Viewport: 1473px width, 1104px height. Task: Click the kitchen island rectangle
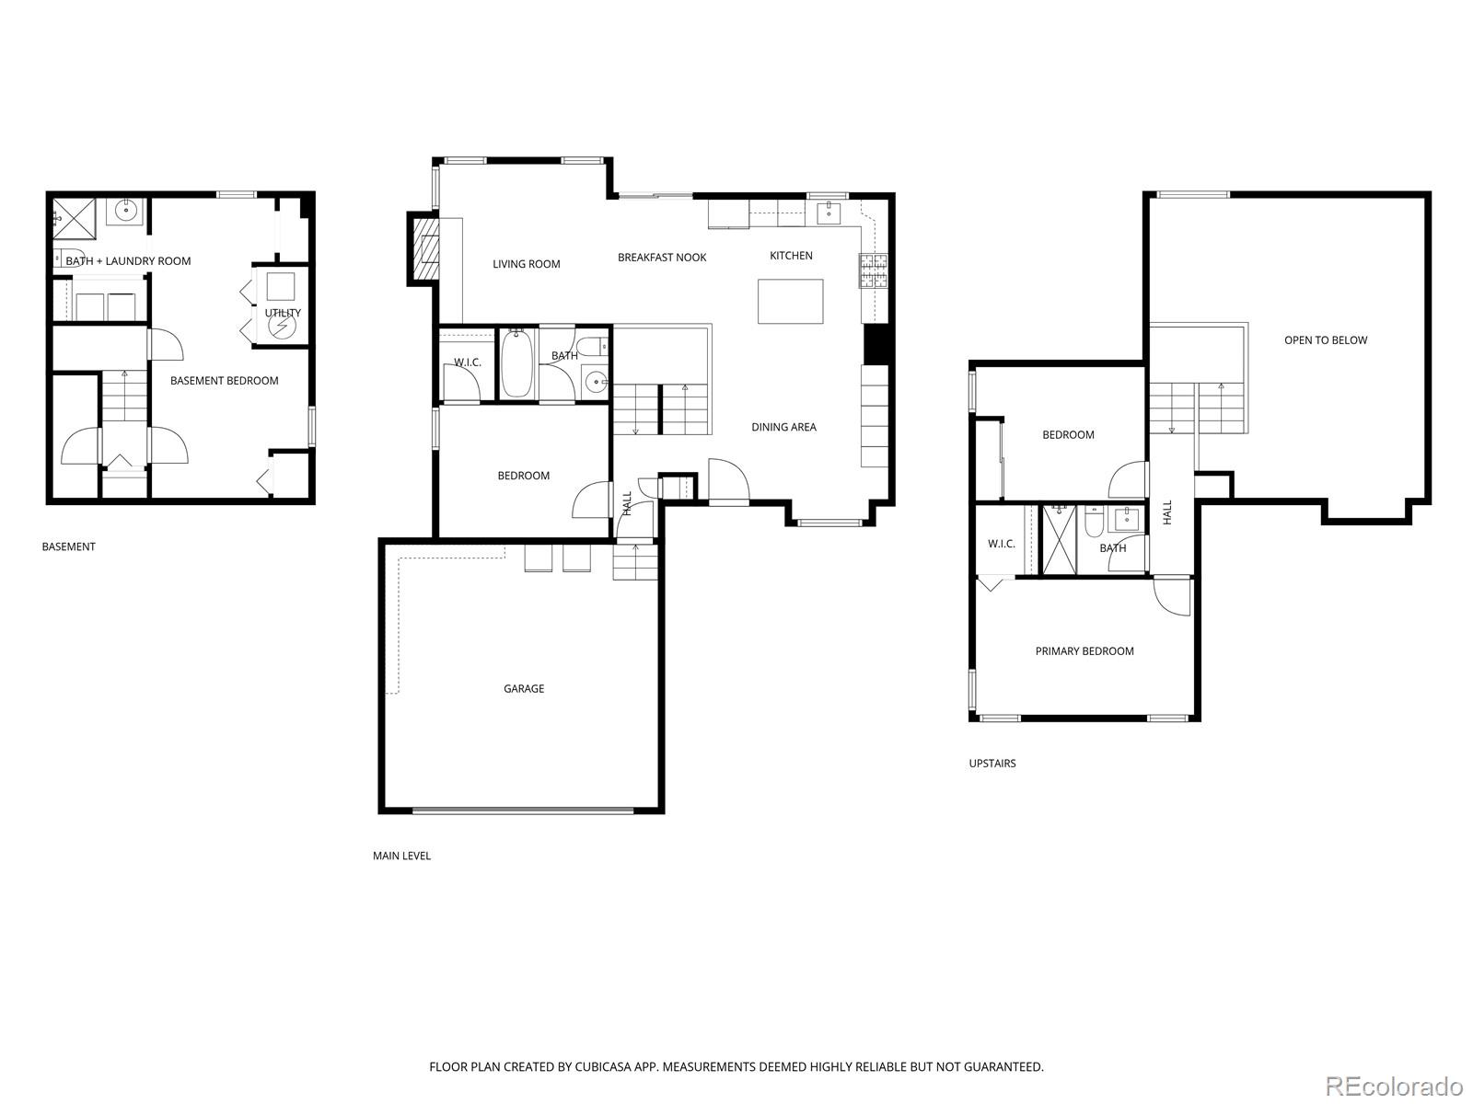pos(790,302)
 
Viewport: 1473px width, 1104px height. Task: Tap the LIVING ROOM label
pos(526,264)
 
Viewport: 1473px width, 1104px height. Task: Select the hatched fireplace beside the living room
pos(425,249)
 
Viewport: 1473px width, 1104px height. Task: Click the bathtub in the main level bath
pos(517,364)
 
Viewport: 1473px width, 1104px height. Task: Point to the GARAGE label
pos(524,688)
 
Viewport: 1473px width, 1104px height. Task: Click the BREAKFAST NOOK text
pos(662,258)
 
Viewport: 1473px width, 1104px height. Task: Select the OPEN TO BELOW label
pos(1326,340)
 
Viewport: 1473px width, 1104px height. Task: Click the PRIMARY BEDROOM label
pos(1084,651)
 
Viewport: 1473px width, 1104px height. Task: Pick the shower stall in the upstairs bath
pos(1059,539)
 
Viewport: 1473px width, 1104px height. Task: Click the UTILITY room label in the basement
pos(283,313)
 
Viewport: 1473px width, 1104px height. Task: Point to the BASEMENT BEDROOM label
pos(224,381)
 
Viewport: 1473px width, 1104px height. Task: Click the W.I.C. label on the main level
pos(468,362)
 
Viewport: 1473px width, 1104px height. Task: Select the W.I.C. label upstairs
pos(1002,544)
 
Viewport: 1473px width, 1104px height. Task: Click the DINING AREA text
pos(783,427)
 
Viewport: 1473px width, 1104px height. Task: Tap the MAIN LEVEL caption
pos(401,856)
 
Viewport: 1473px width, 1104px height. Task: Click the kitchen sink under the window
pos(829,213)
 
